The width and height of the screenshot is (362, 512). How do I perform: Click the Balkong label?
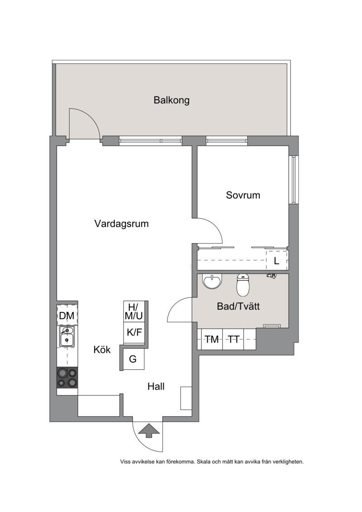point(171,100)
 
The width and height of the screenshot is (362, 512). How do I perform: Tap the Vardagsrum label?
point(121,224)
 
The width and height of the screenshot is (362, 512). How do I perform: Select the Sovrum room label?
point(243,195)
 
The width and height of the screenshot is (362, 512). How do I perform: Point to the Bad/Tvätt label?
point(238,306)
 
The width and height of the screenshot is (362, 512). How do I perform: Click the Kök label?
point(102,350)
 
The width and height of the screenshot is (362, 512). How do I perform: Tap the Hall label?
point(156,387)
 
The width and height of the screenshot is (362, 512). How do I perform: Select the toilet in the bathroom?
point(243,284)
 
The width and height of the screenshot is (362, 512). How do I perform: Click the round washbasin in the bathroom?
point(213,282)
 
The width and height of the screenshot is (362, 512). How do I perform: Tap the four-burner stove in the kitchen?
point(67,378)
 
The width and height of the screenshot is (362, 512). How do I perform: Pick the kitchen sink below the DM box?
point(67,337)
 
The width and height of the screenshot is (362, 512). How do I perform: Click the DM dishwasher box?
point(67,316)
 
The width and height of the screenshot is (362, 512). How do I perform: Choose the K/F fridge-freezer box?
point(134,333)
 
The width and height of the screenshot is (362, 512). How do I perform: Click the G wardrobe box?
point(133,359)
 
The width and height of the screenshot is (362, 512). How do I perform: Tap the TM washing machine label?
point(212,340)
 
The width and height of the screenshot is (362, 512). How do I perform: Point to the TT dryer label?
point(234,340)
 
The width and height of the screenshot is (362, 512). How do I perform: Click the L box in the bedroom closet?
point(277,261)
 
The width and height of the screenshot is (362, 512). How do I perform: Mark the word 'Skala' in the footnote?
point(205,462)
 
